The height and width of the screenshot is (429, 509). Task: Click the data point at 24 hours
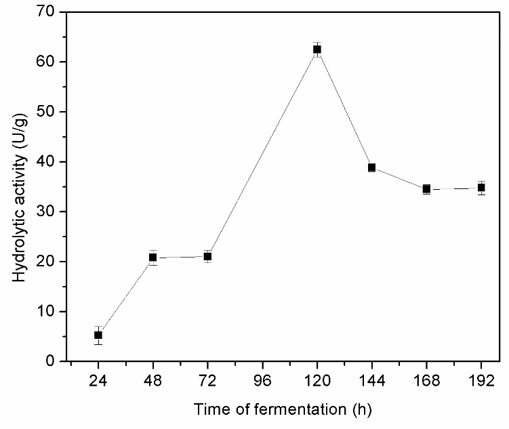(x=98, y=335)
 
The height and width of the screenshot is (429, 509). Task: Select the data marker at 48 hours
(x=153, y=258)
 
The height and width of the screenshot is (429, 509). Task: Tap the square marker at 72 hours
(x=207, y=256)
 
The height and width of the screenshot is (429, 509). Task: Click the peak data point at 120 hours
(x=317, y=49)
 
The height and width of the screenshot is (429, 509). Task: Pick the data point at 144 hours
(x=371, y=167)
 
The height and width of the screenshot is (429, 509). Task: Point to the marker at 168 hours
(x=426, y=189)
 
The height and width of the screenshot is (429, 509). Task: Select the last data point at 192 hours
(x=481, y=188)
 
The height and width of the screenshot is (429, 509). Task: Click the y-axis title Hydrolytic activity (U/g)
(x=20, y=186)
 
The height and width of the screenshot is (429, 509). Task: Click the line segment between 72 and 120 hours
(x=262, y=152)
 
